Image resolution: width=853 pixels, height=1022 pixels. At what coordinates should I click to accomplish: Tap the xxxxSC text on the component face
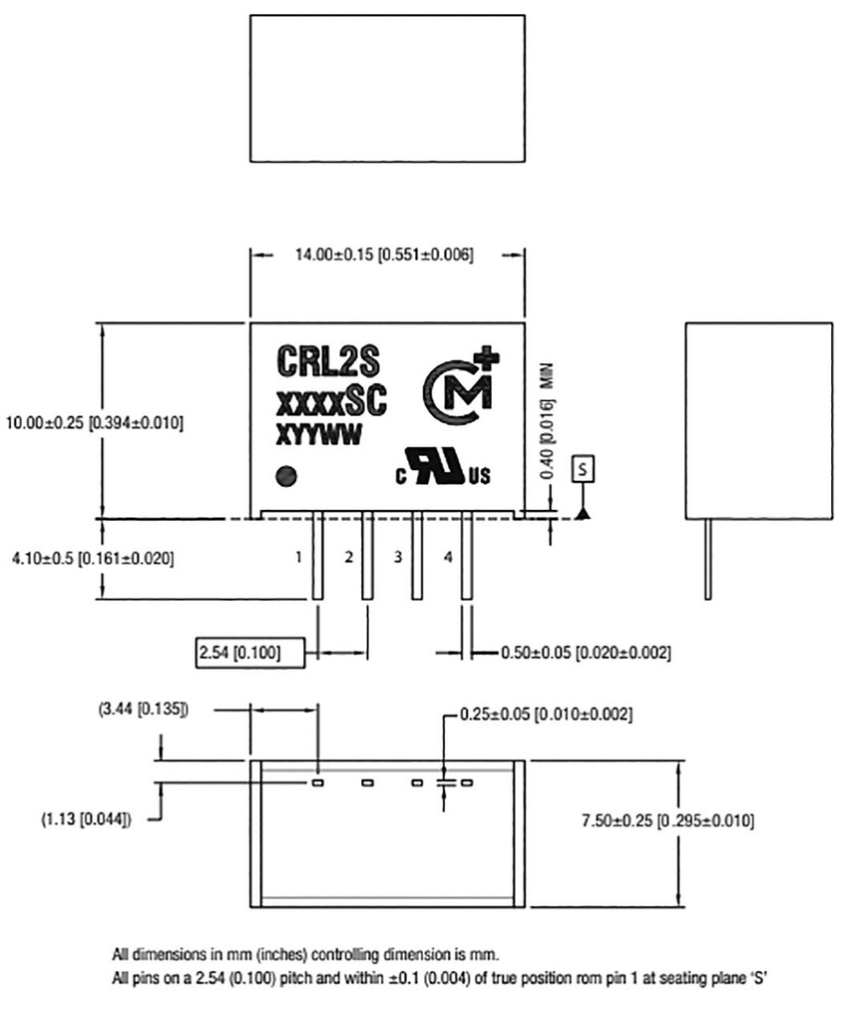(329, 402)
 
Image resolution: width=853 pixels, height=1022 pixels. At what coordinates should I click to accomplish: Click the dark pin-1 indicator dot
(288, 476)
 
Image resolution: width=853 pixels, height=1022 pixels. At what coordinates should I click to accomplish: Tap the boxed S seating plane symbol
(582, 466)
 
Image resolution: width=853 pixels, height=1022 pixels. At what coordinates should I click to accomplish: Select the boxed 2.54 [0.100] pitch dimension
(238, 654)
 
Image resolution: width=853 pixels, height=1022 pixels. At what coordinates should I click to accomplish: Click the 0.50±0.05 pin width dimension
(585, 654)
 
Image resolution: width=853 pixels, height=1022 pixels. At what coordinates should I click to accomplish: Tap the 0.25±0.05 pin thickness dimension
(547, 715)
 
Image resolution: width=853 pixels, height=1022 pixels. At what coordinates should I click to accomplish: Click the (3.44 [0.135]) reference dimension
(143, 710)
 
